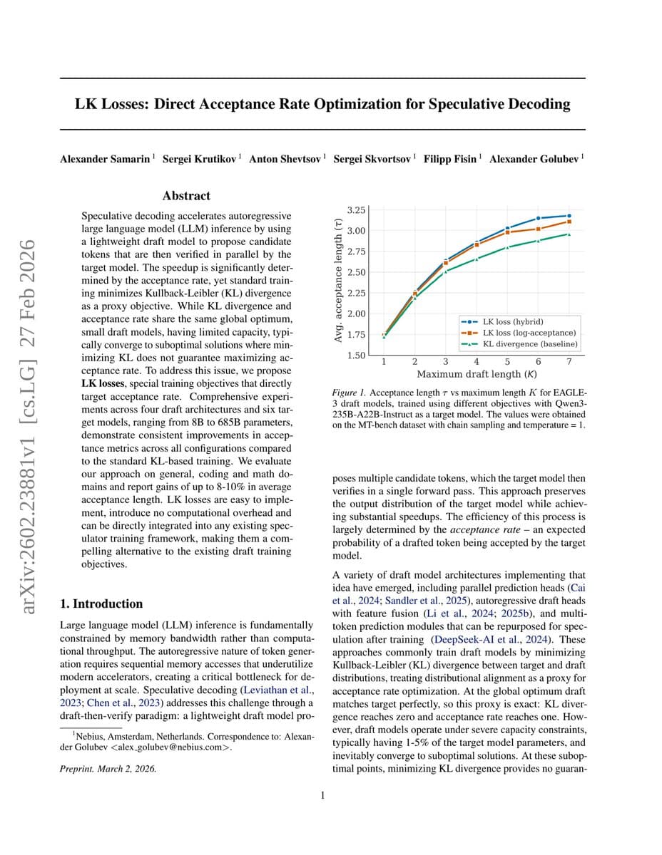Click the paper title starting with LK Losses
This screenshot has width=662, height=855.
322,104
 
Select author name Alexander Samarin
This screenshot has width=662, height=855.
105,158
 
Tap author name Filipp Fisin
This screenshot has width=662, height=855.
451,158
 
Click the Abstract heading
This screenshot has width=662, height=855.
186,195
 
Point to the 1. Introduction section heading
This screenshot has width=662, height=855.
101,603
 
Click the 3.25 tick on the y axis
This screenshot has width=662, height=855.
355,210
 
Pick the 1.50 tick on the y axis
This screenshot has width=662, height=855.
355,355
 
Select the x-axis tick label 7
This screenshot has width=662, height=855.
569,362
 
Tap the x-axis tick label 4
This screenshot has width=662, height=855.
476,362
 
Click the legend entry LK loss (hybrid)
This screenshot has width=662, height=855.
512,322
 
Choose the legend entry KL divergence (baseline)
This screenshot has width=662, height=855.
530,344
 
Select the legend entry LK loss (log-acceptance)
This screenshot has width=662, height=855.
529,333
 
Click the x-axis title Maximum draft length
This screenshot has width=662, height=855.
477,374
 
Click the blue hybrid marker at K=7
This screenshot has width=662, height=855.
569,215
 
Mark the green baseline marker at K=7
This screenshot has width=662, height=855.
569,234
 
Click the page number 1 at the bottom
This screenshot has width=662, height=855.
322,795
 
